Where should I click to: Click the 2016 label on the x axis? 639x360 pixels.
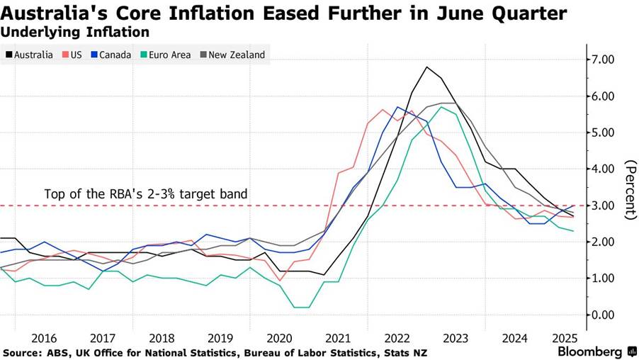[44, 339]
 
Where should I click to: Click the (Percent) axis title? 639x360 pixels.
[630, 189]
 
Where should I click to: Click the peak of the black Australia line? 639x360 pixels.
[427, 67]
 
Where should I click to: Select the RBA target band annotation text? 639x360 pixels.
[146, 193]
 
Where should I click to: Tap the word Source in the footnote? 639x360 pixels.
[22, 352]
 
